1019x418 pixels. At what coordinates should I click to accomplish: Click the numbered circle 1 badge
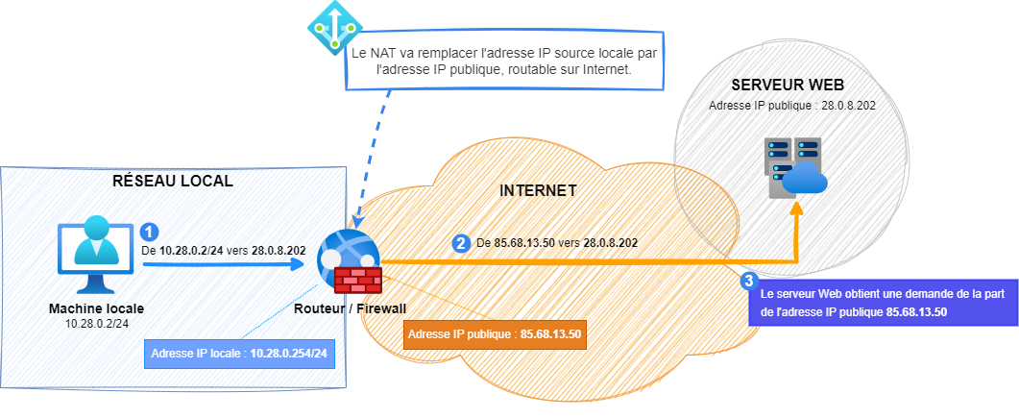click(x=149, y=232)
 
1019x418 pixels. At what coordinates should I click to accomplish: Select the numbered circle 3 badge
click(x=749, y=281)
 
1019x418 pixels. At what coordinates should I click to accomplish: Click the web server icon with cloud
click(x=794, y=168)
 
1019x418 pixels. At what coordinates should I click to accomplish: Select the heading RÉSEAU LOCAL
click(x=173, y=182)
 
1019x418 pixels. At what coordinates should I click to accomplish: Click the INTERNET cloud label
click(x=538, y=190)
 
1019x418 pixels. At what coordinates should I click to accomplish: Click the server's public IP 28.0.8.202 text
click(x=791, y=105)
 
